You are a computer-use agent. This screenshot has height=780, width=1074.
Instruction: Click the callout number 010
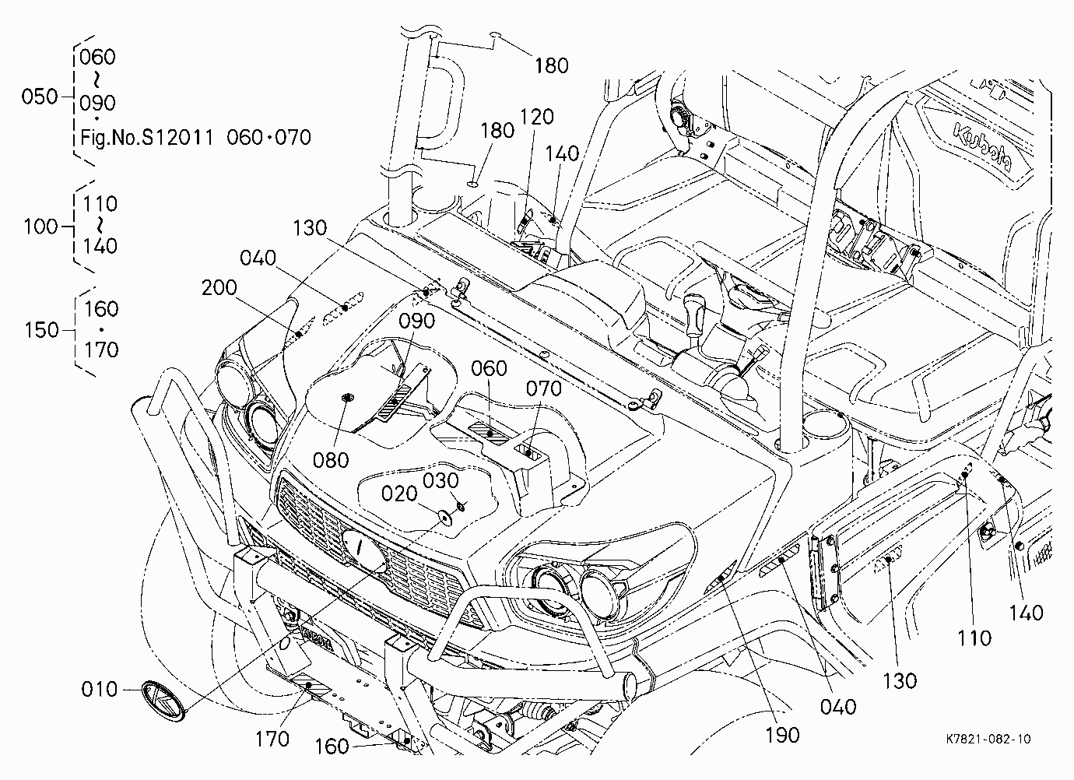tap(100, 690)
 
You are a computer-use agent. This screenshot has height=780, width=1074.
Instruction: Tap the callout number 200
tap(219, 288)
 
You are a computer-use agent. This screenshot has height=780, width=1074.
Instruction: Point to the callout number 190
tap(782, 736)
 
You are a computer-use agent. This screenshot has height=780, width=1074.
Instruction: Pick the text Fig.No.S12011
tap(147, 138)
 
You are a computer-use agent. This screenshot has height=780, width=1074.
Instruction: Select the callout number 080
tap(330, 461)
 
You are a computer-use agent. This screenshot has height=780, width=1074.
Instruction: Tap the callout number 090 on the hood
tap(416, 321)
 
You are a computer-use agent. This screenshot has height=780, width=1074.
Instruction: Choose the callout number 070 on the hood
tap(544, 388)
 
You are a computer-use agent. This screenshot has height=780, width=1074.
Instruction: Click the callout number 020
tap(399, 494)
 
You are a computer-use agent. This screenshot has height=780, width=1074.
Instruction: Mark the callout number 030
tap(440, 480)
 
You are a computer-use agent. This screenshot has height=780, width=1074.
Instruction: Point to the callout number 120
tap(536, 117)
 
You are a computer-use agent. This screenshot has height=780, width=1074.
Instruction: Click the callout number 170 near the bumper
tap(272, 740)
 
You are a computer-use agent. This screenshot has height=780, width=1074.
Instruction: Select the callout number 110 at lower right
tap(974, 638)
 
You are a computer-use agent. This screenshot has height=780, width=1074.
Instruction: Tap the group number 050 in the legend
tap(40, 97)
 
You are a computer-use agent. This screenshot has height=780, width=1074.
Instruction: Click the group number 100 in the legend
tap(40, 227)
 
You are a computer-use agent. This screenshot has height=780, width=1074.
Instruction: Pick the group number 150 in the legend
tap(42, 331)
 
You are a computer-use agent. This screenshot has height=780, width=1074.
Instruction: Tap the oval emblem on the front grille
tap(363, 550)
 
